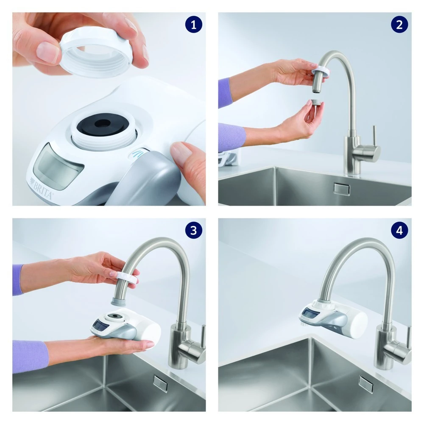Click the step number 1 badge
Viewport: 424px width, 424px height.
(x=194, y=25)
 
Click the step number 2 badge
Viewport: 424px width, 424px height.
(x=399, y=25)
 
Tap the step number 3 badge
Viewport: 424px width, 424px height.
(x=194, y=230)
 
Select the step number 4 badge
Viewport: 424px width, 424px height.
(x=399, y=230)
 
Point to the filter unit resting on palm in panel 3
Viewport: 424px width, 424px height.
(x=127, y=326)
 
